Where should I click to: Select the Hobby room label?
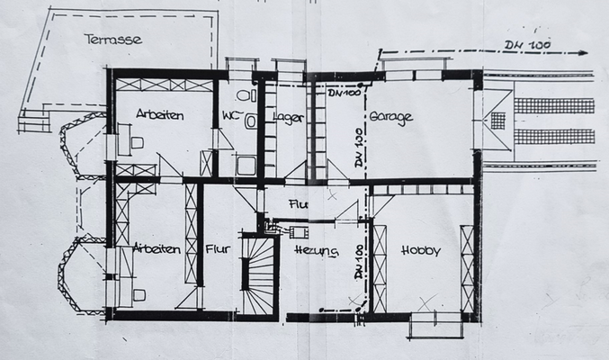tap(421, 251)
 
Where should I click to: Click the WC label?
tap(229, 115)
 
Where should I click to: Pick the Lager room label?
tap(288, 118)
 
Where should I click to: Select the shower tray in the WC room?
tap(246, 165)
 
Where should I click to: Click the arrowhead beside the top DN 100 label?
tap(585, 53)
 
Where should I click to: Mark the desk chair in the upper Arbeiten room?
tap(137, 142)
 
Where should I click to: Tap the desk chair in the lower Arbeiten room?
tap(138, 292)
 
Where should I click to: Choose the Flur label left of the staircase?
tap(218, 249)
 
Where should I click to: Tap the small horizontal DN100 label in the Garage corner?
tap(344, 93)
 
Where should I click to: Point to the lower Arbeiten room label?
tap(155, 248)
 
